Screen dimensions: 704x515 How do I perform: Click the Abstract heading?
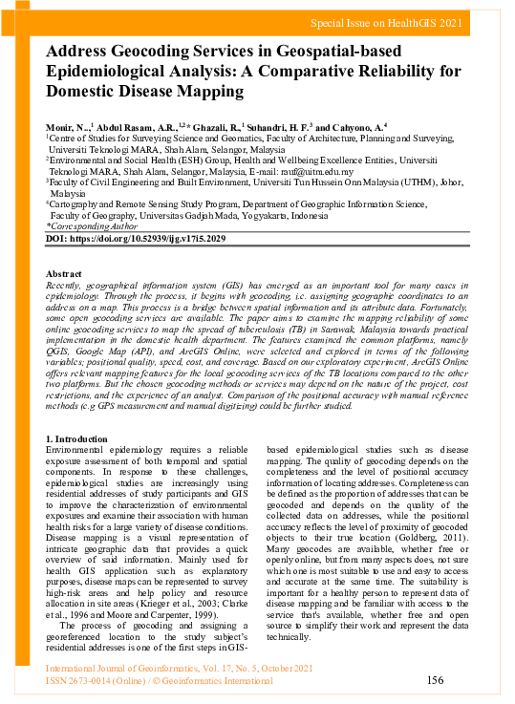tap(64, 274)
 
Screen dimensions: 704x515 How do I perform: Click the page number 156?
tap(435, 680)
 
